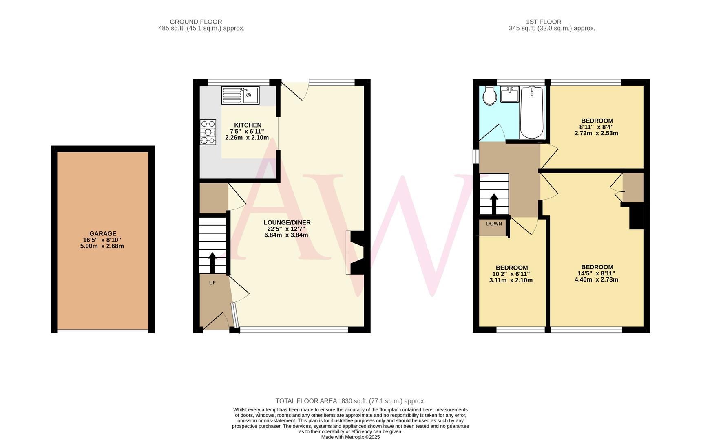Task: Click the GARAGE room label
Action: click(103, 233)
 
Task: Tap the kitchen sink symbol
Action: click(240, 95)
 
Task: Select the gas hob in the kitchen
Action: click(208, 132)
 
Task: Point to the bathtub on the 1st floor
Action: click(532, 113)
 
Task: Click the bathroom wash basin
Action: click(509, 95)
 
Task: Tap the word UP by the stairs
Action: click(212, 283)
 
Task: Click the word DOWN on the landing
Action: click(494, 224)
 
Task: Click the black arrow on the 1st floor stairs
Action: click(494, 204)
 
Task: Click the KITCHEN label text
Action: click(248, 125)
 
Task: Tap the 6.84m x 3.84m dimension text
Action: click(286, 235)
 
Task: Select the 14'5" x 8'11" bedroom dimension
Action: click(596, 273)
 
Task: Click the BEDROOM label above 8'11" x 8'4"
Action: click(597, 121)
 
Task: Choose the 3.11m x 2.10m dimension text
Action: click(511, 280)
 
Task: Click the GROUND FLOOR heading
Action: click(196, 22)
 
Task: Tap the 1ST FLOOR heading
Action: click(544, 22)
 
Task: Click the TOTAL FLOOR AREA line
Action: click(350, 401)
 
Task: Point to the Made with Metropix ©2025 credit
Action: click(350, 437)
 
